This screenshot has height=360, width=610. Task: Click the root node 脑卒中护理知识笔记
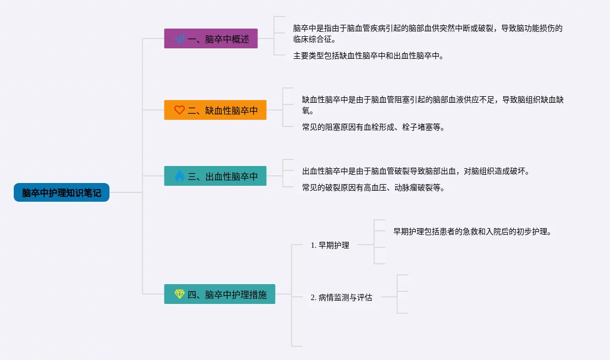coord(62,193)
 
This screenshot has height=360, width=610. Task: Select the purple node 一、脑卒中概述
coord(211,39)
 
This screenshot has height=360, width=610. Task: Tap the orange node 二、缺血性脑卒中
coord(215,110)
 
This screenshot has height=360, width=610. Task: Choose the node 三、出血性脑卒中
coord(215,176)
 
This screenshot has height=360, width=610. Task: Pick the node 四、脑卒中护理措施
coord(219,294)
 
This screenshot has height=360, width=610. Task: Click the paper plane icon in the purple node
coord(179,39)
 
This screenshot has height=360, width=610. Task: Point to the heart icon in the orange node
coord(179,110)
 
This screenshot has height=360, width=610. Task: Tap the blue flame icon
coord(179,176)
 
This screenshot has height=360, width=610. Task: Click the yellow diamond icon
coord(179,294)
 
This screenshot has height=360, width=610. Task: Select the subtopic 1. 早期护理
coord(330,245)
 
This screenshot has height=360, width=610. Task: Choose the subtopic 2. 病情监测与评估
coord(341,297)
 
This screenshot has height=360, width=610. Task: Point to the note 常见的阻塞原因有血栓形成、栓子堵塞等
coord(373,127)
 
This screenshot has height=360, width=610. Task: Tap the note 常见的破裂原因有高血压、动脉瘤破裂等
coord(373,187)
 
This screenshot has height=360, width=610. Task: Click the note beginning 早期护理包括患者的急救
coord(472,231)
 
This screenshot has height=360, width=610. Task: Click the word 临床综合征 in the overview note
coord(313,40)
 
